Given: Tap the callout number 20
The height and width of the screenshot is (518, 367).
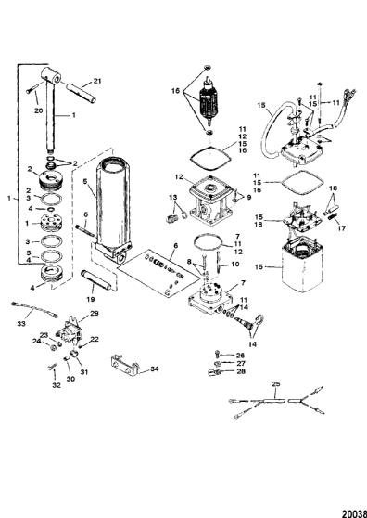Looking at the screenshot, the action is [x=39, y=110].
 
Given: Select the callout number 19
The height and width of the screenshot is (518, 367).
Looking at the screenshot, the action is [x=90, y=299].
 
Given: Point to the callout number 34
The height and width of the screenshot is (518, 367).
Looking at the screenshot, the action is [x=154, y=369].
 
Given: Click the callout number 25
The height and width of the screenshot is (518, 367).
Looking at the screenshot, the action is [x=276, y=384].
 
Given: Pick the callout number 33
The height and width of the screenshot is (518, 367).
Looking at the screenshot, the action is [x=21, y=324].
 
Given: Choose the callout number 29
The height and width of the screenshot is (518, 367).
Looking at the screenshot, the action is [x=95, y=313].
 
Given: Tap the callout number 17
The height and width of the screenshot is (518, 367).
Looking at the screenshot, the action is [x=342, y=227].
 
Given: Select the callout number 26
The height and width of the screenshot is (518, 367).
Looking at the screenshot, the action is [x=240, y=356].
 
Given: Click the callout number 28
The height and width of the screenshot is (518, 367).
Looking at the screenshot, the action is [x=240, y=371].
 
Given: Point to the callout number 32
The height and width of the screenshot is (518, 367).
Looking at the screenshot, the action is [x=57, y=385].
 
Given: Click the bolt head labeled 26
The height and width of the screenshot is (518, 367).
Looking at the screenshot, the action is [x=217, y=354].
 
